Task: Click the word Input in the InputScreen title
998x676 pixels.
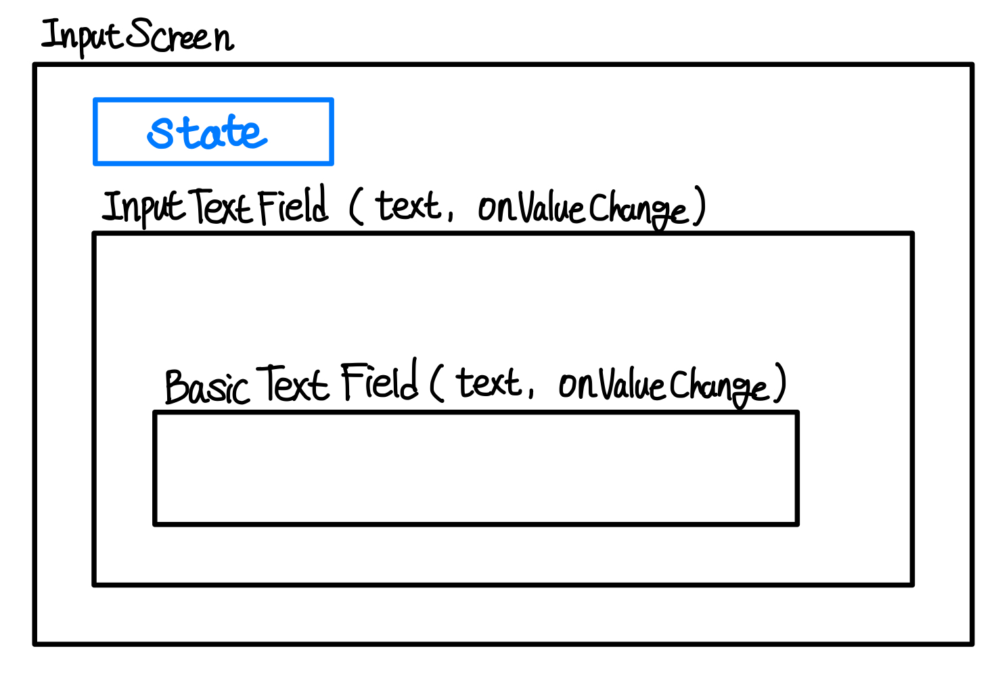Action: [82, 36]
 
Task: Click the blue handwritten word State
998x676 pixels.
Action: [207, 132]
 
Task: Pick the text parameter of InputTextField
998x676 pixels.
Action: [408, 206]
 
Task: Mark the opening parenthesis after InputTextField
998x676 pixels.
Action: [356, 206]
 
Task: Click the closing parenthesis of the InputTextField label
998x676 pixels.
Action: [700, 206]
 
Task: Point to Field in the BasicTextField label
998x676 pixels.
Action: [379, 381]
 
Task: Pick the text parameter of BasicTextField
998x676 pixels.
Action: [489, 383]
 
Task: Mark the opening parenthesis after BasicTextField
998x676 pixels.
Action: [436, 383]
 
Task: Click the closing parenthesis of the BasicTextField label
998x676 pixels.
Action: [780, 383]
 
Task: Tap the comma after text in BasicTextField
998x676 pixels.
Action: [531, 393]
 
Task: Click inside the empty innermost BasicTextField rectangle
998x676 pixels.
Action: [476, 468]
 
